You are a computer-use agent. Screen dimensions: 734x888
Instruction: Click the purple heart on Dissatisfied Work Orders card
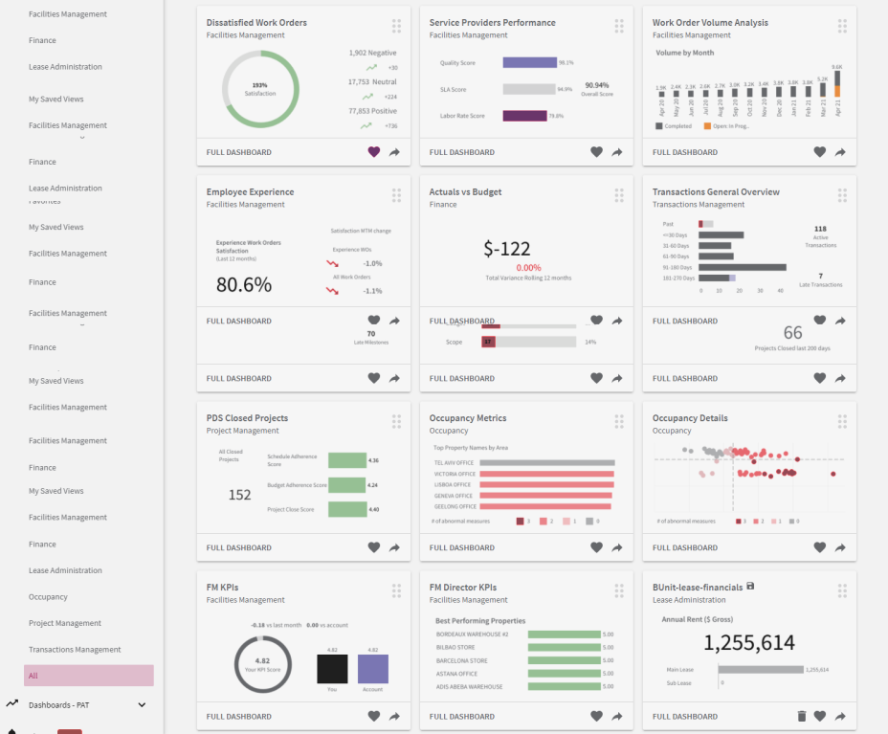click(373, 152)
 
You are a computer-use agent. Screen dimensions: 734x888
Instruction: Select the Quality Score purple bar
click(529, 62)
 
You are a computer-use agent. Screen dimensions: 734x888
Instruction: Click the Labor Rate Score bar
click(524, 116)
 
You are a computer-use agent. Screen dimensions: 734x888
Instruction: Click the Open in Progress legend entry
click(728, 125)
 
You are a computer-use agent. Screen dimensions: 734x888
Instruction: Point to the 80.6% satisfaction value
click(243, 284)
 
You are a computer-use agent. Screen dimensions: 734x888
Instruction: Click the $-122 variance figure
click(507, 250)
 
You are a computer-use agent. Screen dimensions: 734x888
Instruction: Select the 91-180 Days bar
click(743, 268)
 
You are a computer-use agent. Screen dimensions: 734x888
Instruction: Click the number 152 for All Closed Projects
click(239, 495)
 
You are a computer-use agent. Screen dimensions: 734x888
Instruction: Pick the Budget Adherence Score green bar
click(347, 485)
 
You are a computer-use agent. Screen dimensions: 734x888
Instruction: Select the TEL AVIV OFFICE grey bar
click(546, 462)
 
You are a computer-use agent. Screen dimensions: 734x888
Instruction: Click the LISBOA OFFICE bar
click(546, 484)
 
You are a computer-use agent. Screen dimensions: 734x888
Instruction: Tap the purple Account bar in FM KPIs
click(373, 669)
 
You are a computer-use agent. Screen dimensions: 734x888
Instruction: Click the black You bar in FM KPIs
click(332, 669)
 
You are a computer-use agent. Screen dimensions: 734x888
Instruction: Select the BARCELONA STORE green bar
click(564, 660)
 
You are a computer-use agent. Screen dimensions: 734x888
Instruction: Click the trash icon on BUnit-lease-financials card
click(802, 716)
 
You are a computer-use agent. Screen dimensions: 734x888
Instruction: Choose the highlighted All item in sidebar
click(88, 676)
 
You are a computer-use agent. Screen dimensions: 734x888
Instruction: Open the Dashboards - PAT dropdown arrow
click(143, 705)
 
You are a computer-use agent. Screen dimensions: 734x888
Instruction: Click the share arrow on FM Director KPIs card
click(617, 716)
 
